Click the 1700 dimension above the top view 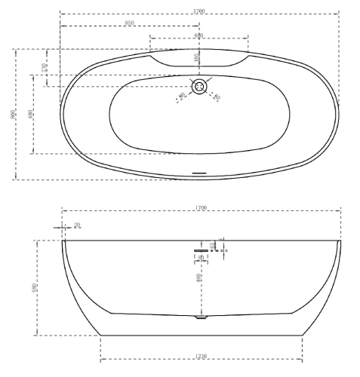pos(199,12)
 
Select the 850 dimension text pos(129,23)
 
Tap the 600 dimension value pos(198,35)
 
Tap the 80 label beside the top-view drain pos(216,96)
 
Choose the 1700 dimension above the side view pos(201,207)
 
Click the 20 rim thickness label pos(76,225)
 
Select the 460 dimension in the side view pos(198,278)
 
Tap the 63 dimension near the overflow pos(213,244)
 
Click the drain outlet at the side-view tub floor pos(199,318)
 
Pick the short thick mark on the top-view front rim pos(199,173)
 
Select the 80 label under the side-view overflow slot pos(201,259)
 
